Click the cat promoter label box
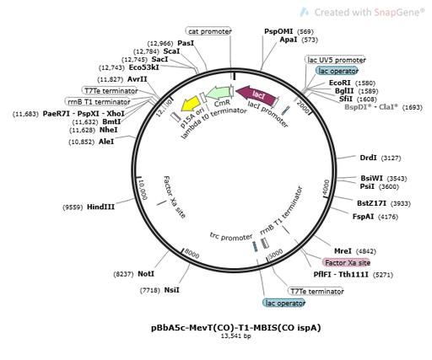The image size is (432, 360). click(209, 31)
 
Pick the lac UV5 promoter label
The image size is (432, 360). click(336, 61)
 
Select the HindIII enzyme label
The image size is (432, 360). click(101, 206)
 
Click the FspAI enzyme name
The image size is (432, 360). click(364, 217)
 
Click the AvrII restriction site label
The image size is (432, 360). click(138, 78)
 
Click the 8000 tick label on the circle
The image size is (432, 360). click(192, 253)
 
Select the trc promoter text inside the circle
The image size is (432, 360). click(230, 238)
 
